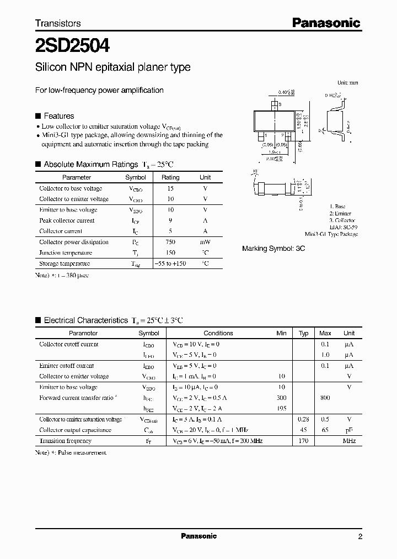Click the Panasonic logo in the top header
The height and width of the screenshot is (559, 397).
click(326, 23)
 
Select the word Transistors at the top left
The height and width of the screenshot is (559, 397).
click(58, 23)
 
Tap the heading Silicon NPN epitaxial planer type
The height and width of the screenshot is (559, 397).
click(112, 67)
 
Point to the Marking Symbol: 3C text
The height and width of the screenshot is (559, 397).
click(273, 249)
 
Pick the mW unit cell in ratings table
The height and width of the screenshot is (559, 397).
click(205, 242)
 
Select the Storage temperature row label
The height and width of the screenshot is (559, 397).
click(65, 263)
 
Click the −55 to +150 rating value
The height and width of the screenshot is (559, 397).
click(170, 263)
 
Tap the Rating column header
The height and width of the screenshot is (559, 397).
click(170, 177)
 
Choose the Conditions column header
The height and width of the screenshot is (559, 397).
click(218, 333)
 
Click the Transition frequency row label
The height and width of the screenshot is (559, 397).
click(65, 441)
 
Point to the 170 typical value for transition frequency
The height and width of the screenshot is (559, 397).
click(303, 441)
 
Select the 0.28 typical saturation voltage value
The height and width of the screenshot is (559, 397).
click(303, 419)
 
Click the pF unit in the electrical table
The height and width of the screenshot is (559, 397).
click(349, 430)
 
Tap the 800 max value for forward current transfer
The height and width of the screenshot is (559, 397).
click(325, 398)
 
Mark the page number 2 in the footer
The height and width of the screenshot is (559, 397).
click(360, 536)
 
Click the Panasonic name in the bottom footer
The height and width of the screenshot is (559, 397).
click(199, 536)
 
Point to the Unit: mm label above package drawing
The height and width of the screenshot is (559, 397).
click(347, 82)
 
